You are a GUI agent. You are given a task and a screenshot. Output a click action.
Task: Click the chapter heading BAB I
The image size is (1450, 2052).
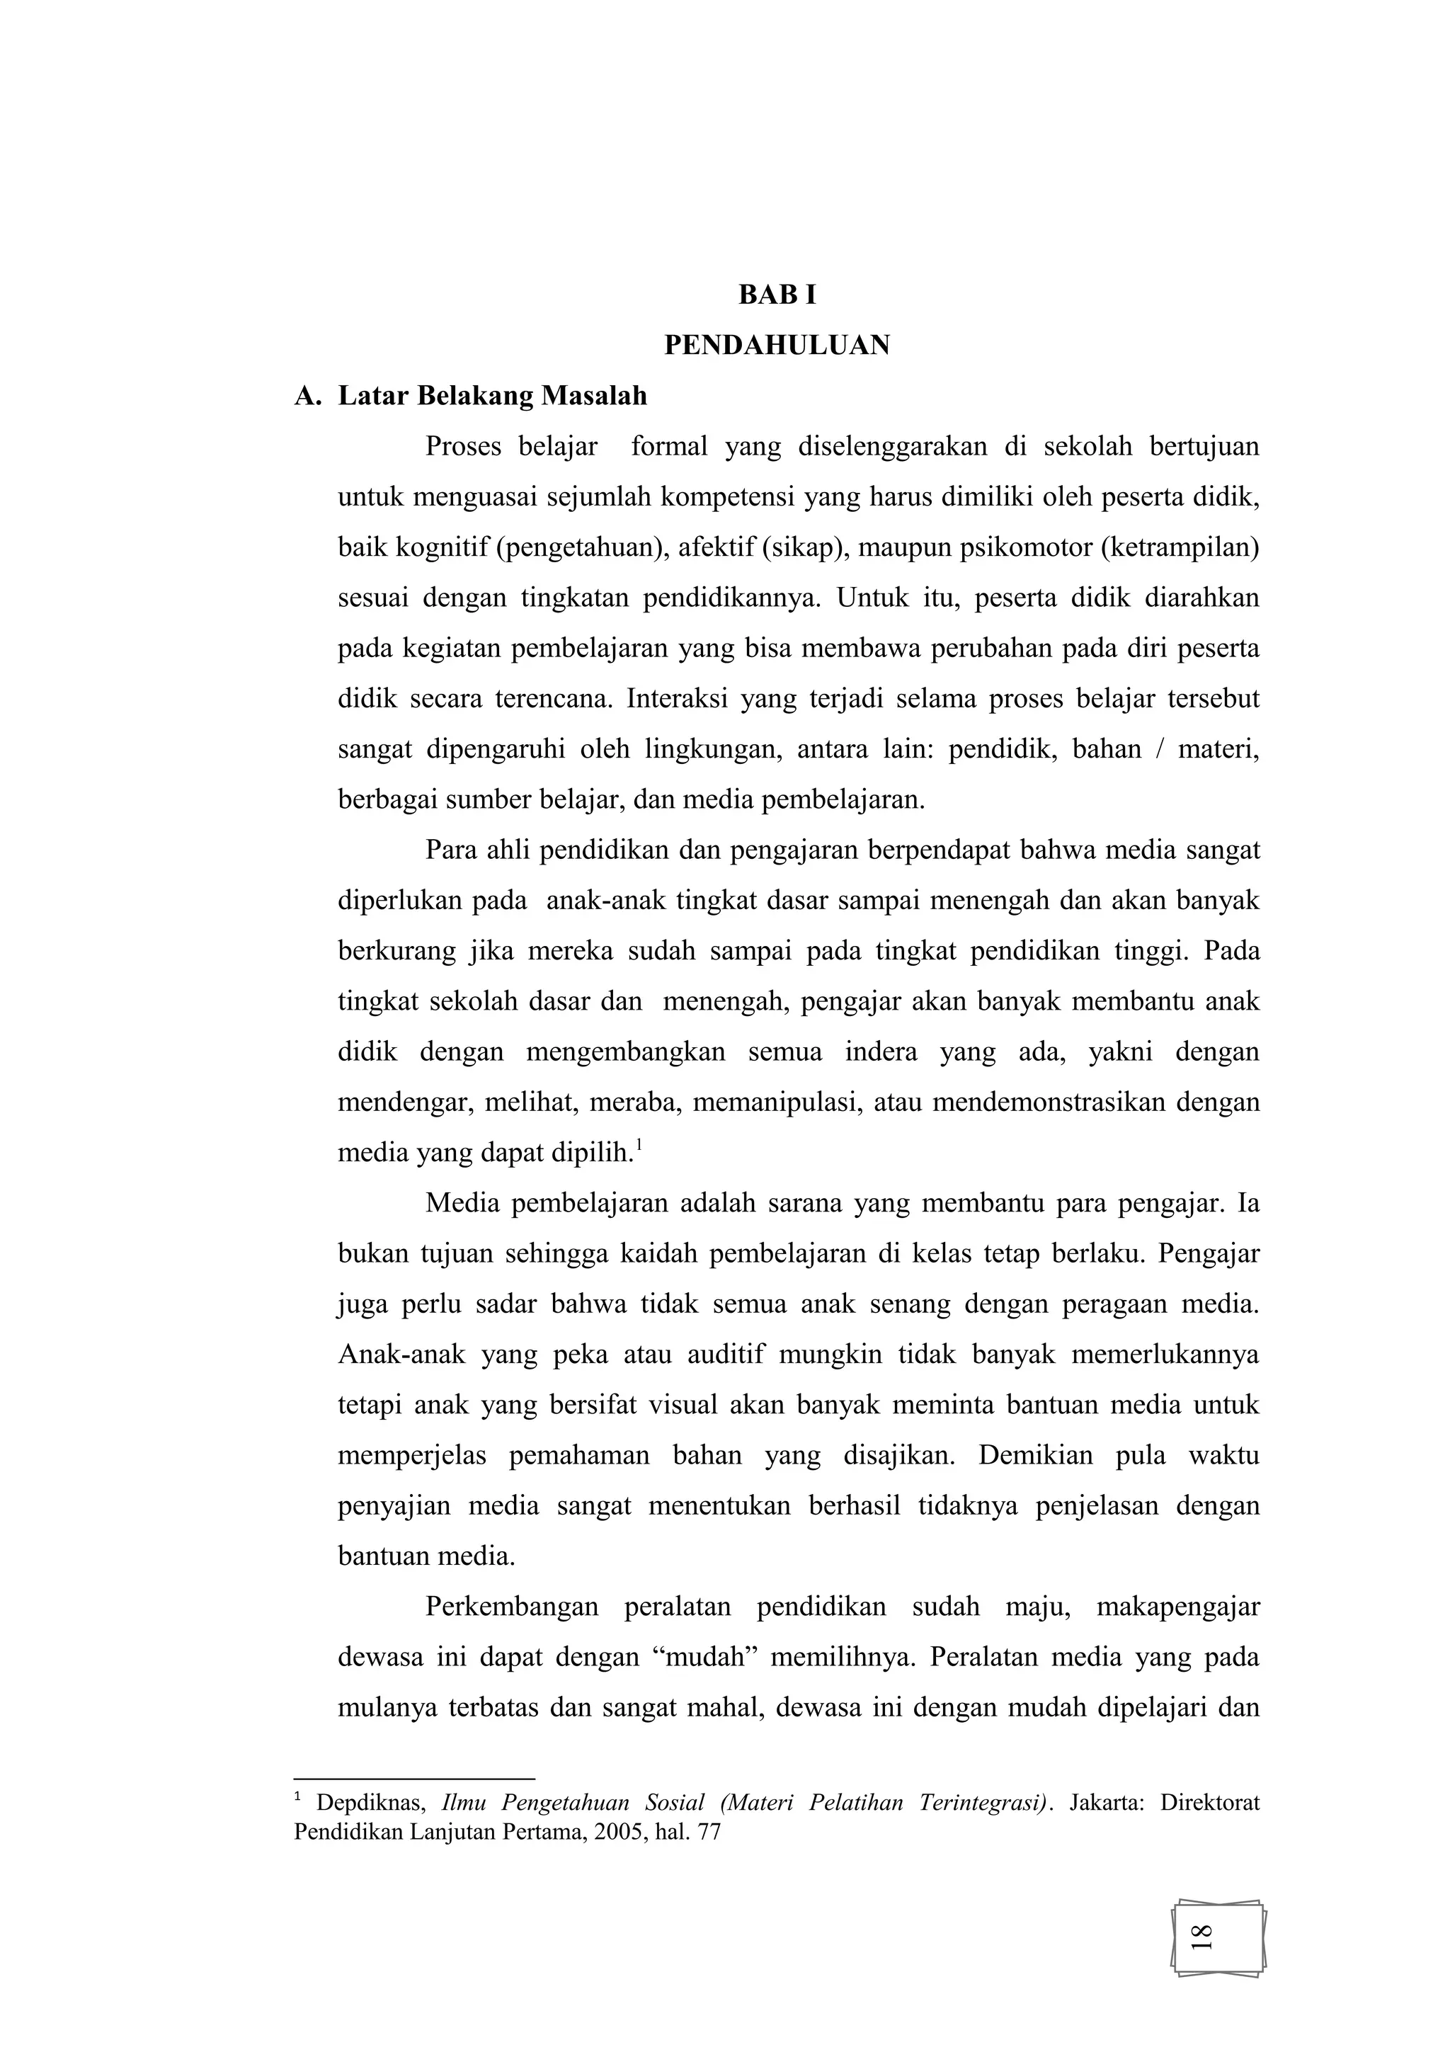(777, 295)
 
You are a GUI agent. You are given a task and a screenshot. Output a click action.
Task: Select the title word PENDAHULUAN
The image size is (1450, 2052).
(777, 345)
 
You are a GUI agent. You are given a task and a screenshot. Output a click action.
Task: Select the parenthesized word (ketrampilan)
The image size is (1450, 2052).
(1180, 547)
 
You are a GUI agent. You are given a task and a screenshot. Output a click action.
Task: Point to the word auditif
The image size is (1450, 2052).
(726, 1354)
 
